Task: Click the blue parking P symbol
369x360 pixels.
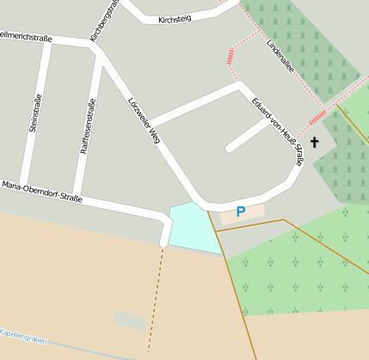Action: click(241, 211)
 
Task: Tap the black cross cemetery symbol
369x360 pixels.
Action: click(314, 142)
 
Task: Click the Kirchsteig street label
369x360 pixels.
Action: click(174, 18)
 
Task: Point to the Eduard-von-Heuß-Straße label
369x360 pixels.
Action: click(278, 128)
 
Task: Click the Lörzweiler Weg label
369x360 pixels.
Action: click(144, 119)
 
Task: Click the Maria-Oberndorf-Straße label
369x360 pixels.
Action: click(41, 191)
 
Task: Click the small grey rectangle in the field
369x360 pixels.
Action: click(130, 320)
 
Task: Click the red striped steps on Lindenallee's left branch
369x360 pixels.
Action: click(231, 57)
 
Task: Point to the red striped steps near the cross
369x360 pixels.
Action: click(317, 116)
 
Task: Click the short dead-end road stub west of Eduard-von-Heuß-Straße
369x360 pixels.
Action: click(248, 134)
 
